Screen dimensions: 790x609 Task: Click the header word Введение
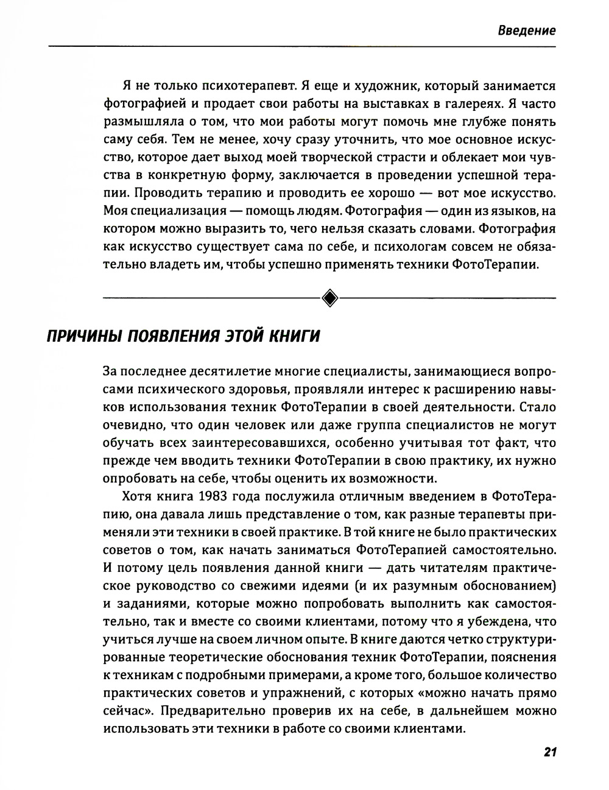[x=526, y=30]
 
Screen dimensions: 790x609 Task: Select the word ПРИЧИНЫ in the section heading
[x=83, y=336]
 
